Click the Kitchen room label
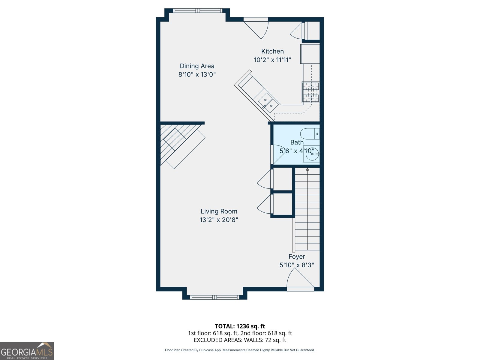point(272,51)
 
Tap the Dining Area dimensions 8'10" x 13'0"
point(197,74)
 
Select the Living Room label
point(219,211)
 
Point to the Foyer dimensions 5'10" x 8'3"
point(297,265)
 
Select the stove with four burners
point(311,92)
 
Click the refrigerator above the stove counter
point(310,54)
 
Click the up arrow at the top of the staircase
point(307,169)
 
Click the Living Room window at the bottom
point(214,297)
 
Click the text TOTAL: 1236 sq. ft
point(240,326)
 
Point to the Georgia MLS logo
point(27,351)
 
